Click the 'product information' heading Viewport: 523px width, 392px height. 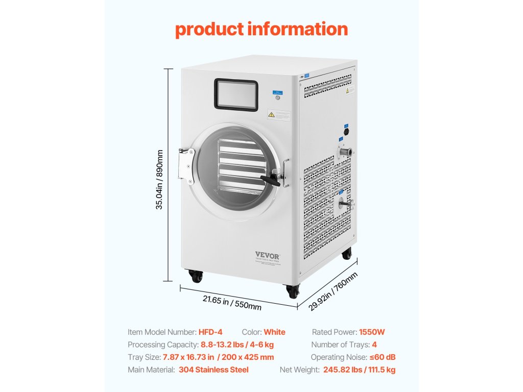pyautogui.click(x=261, y=29)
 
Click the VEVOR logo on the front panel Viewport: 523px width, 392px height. pyautogui.click(x=268, y=254)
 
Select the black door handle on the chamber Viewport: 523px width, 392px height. pyautogui.click(x=271, y=179)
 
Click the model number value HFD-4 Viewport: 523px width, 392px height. pyautogui.click(x=210, y=332)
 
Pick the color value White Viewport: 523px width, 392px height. pyautogui.click(x=274, y=332)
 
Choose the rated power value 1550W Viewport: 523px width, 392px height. pyautogui.click(x=372, y=332)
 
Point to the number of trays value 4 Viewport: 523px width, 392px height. pyautogui.click(x=374, y=345)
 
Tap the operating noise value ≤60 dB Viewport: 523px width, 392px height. pyautogui.click(x=383, y=357)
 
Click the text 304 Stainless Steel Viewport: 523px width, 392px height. pyautogui.click(x=213, y=370)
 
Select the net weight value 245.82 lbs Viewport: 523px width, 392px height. pyautogui.click(x=343, y=370)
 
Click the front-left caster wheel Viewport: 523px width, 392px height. pyautogui.click(x=196, y=276)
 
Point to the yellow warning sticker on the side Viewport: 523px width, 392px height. pyautogui.click(x=350, y=90)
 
